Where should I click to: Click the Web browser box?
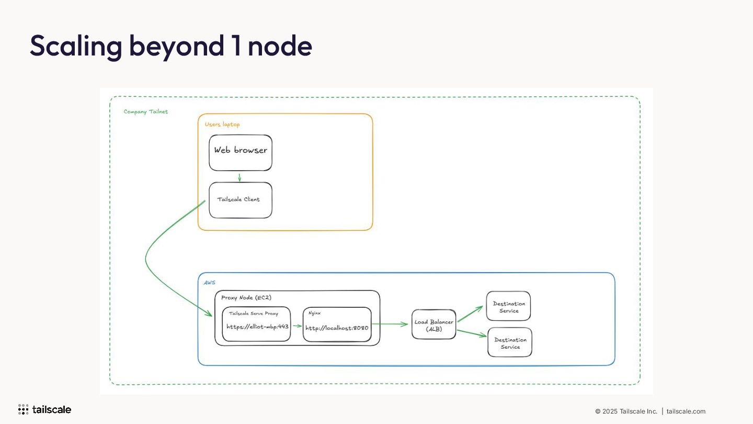pyautogui.click(x=241, y=153)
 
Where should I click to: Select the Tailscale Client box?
pyautogui.click(x=241, y=200)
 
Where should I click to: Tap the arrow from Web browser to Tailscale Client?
pyautogui.click(x=239, y=177)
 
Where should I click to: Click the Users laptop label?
pyautogui.click(x=222, y=125)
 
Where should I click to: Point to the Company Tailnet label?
pyautogui.click(x=145, y=111)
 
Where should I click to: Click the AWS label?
pyautogui.click(x=209, y=283)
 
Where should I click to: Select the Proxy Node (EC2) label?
pyautogui.click(x=246, y=298)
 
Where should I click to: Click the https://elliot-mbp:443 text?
pyautogui.click(x=257, y=327)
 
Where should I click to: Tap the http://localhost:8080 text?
pyautogui.click(x=337, y=328)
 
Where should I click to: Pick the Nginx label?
pyautogui.click(x=314, y=313)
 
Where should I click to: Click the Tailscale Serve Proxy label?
pyautogui.click(x=254, y=313)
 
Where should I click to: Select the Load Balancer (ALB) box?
pyautogui.click(x=433, y=325)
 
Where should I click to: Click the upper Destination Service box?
pyautogui.click(x=508, y=306)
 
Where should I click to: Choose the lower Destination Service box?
pyautogui.click(x=510, y=342)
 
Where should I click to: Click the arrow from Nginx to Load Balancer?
pyautogui.click(x=390, y=324)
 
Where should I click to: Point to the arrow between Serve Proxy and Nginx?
pyautogui.click(x=297, y=326)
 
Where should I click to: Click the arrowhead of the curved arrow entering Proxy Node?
pyautogui.click(x=209, y=314)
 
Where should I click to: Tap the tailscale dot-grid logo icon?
pyautogui.click(x=23, y=409)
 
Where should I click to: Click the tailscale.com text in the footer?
pyautogui.click(x=686, y=411)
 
